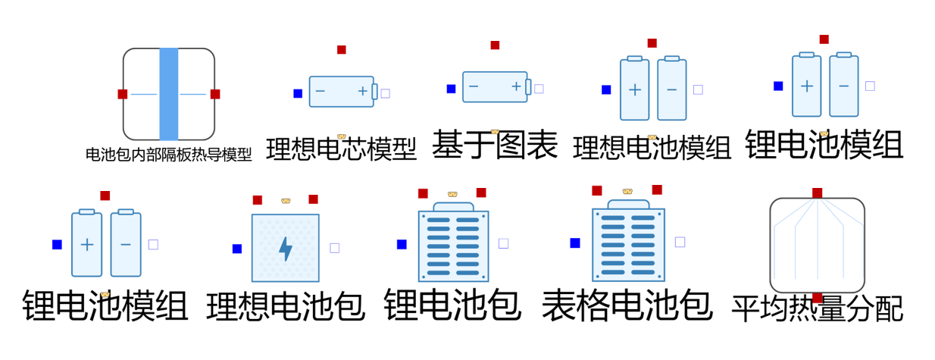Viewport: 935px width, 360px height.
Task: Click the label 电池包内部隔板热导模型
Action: click(x=168, y=155)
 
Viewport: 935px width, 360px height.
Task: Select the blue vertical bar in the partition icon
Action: click(x=169, y=94)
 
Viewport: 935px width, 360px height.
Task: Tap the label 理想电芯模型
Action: click(x=342, y=149)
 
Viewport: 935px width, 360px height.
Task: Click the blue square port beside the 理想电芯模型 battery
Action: click(x=298, y=93)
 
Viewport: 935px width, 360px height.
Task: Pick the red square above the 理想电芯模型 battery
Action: click(x=342, y=50)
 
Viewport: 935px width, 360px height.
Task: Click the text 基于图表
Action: click(x=495, y=145)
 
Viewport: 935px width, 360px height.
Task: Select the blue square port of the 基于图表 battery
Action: click(x=451, y=89)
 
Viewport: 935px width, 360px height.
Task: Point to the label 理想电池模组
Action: click(x=652, y=148)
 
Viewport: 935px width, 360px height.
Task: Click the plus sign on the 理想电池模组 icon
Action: click(x=635, y=89)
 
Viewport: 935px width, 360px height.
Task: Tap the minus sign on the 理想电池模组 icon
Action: click(x=671, y=89)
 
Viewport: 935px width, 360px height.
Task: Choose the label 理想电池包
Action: click(x=286, y=306)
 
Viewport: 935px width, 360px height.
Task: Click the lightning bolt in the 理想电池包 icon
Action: click(x=286, y=249)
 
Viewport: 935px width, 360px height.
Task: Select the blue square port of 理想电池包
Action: click(x=237, y=249)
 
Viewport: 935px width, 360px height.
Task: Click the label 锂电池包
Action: click(x=452, y=305)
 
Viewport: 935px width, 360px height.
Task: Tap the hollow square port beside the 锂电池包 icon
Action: click(x=504, y=243)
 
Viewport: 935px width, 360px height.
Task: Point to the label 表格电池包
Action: click(x=627, y=305)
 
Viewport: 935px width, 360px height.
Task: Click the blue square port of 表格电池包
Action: click(x=575, y=243)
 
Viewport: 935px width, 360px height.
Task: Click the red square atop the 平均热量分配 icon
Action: click(x=818, y=193)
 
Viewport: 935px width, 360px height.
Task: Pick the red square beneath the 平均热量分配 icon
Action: click(x=818, y=298)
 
